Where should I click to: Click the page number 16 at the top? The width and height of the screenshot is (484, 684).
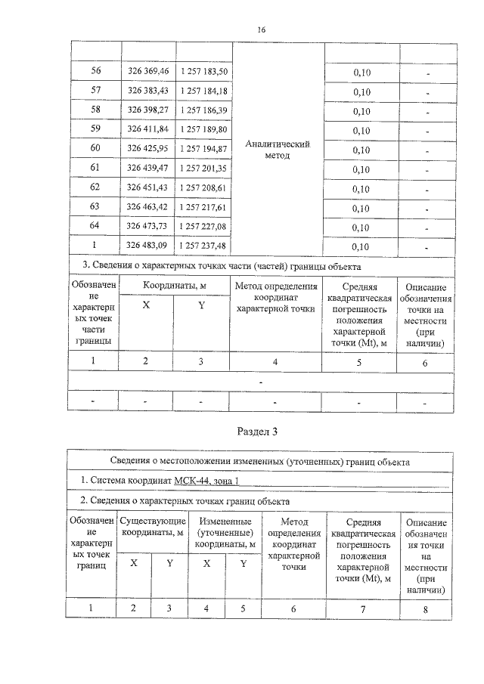[262, 29]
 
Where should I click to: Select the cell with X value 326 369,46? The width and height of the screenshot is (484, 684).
[148, 71]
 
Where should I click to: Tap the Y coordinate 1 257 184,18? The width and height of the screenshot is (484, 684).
[204, 91]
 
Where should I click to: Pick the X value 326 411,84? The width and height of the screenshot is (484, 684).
[148, 129]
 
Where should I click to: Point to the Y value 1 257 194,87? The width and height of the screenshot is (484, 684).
[204, 149]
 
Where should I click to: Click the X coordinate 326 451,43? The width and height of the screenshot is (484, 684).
[148, 187]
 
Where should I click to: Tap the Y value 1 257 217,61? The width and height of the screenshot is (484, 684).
[204, 207]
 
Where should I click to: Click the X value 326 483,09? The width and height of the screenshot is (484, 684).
[148, 246]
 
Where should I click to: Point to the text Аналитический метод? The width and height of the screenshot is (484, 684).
[278, 149]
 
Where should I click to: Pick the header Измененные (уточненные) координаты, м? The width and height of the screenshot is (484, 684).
[225, 533]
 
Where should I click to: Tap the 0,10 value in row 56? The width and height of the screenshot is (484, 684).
[361, 72]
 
